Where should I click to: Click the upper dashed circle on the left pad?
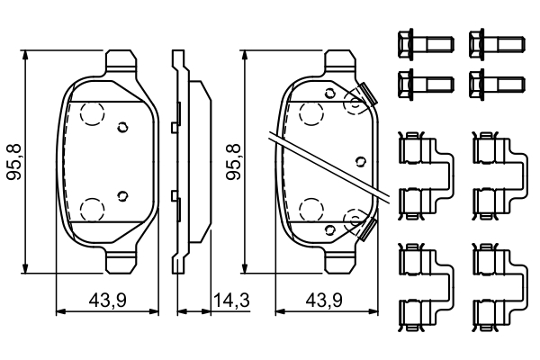click(x=91, y=113)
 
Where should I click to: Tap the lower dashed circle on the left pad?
click(x=91, y=209)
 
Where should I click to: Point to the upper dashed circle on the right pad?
click(x=310, y=113)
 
